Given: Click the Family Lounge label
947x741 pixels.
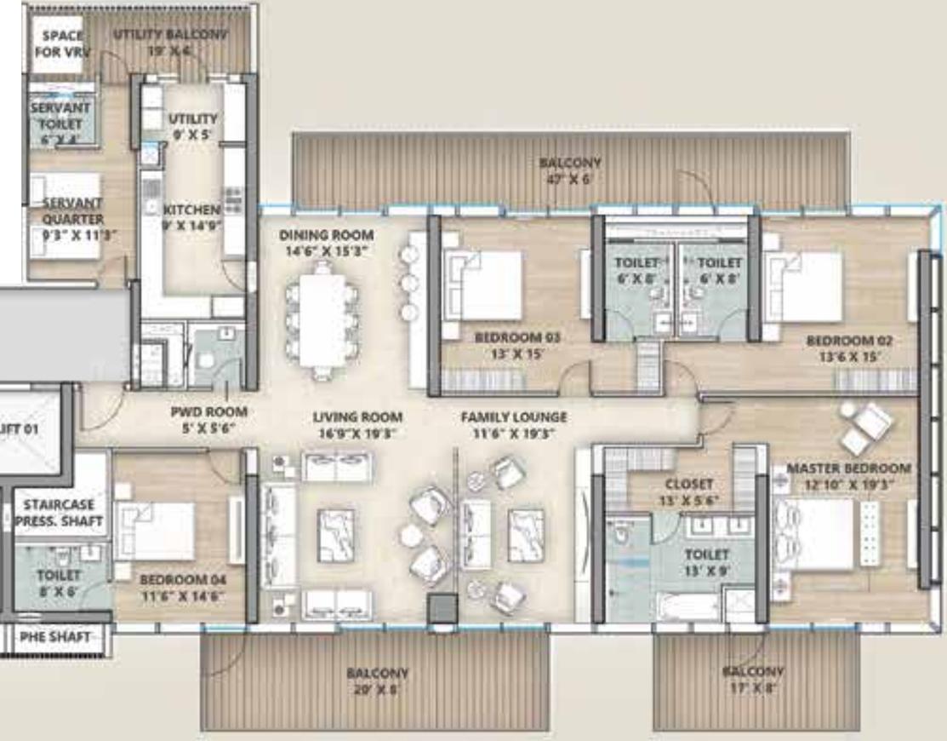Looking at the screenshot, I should click(513, 425).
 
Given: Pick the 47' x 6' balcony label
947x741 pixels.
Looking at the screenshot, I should click(569, 170).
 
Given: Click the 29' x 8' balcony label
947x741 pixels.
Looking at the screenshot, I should click(377, 681).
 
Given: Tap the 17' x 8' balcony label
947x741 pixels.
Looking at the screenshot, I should click(753, 680).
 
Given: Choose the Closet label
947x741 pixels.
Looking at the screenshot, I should click(690, 491).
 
